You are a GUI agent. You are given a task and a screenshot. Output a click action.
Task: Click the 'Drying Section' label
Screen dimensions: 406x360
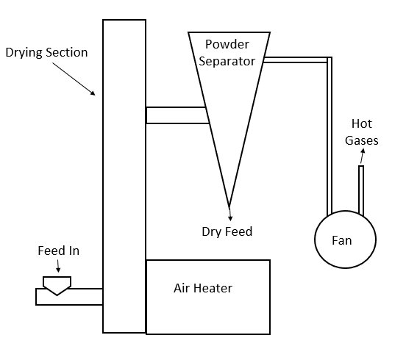[46, 52]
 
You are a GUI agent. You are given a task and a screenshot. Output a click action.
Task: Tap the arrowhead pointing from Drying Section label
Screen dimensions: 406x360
[93, 93]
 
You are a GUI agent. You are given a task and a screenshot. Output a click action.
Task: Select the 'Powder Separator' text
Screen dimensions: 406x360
[227, 53]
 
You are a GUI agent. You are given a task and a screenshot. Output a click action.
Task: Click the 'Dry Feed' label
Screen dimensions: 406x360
[227, 231]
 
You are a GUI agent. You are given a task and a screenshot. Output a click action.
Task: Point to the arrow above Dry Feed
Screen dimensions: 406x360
[230, 214]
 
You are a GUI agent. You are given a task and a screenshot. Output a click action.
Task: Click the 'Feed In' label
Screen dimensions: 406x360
[59, 251]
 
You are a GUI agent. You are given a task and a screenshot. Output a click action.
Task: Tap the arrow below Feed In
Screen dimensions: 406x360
[58, 266]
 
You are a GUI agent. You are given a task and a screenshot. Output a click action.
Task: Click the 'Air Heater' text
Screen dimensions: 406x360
[203, 288]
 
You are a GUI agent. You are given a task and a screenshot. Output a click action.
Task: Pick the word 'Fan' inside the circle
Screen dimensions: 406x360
[342, 240]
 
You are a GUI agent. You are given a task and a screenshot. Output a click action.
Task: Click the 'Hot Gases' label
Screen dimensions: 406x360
[362, 132]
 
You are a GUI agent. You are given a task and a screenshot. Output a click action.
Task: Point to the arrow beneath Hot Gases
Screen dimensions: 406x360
[363, 156]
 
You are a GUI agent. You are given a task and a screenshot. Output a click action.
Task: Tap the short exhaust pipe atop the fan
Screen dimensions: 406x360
[361, 190]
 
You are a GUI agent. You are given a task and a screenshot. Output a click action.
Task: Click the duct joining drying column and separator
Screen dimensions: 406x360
[177, 115]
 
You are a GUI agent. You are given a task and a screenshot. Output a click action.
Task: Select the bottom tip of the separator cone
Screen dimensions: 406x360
[229, 206]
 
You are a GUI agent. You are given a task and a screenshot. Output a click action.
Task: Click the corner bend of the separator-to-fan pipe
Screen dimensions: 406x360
[330, 60]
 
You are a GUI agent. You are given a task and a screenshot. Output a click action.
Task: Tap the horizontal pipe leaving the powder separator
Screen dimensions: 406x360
[295, 60]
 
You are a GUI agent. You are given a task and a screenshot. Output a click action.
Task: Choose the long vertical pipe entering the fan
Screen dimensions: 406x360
[330, 138]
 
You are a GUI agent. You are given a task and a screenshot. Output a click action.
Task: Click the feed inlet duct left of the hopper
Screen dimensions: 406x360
[40, 297]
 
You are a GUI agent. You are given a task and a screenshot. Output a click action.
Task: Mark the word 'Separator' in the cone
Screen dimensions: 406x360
[227, 62]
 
